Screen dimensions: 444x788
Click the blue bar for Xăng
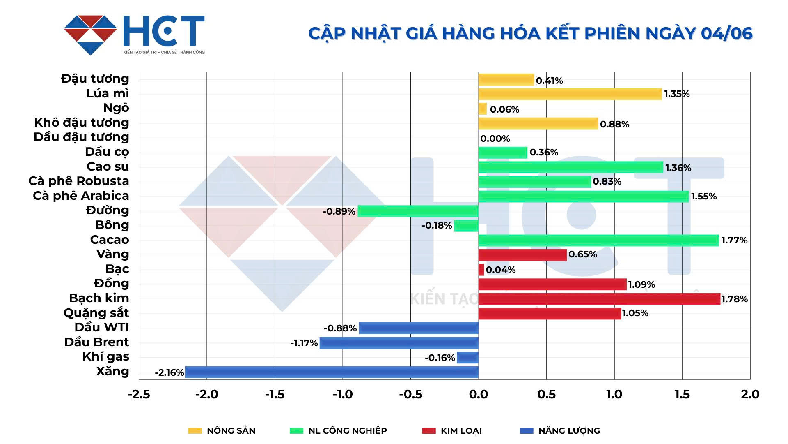pos(332,372)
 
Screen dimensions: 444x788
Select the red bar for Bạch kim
pos(599,299)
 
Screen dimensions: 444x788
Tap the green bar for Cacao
pos(598,240)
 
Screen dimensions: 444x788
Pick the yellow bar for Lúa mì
pos(570,94)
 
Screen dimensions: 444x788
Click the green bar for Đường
pos(418,211)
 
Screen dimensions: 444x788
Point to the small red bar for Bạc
pos(481,270)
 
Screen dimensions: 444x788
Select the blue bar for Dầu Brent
pos(399,343)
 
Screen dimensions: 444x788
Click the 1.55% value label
pos(704,197)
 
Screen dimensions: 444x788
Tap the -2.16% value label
pos(169,373)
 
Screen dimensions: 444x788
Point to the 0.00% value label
pos(495,139)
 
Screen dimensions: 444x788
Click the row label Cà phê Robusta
pos(79,181)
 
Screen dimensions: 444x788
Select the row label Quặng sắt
pos(96,313)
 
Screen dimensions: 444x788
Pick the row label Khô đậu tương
pos(81,123)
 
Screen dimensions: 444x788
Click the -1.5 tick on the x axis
pos(275,395)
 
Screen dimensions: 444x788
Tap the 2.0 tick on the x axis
pos(750,395)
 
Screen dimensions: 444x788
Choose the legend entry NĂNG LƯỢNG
pos(569,431)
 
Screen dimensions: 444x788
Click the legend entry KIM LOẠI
pos(461,431)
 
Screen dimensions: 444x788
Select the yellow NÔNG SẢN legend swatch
pos(195,431)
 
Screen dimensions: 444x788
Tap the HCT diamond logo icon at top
pos(91,35)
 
